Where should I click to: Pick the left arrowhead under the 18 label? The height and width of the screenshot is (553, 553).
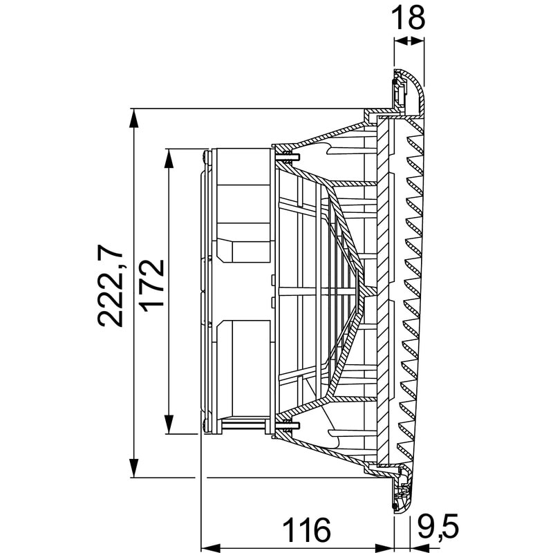tap(399, 41)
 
